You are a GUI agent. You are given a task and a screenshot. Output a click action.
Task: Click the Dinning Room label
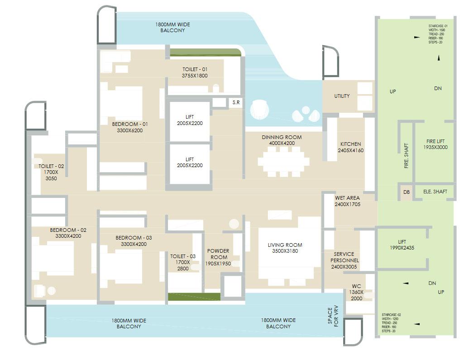pos(282,140)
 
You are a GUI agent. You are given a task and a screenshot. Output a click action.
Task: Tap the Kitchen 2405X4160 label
pos(351,147)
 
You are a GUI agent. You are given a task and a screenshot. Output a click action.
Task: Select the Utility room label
pos(342,96)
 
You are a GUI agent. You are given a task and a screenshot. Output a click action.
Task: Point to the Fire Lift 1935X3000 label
pos(435,144)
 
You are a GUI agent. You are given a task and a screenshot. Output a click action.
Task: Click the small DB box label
pos(406,192)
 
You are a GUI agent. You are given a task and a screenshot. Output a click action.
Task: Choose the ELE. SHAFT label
pos(435,192)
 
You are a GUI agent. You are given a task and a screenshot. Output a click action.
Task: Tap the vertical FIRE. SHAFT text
pos(406,157)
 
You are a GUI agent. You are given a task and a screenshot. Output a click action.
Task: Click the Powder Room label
pos(218,257)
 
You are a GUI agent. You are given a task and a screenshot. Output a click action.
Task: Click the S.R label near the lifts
pos(236,103)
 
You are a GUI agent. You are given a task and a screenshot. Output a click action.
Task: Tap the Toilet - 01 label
pos(194,72)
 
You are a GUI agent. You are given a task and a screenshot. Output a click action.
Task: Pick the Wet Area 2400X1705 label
pos(348,201)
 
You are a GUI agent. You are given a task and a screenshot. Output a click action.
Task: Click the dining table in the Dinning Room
pos(283,160)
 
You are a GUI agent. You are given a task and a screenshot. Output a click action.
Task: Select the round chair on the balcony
pos(260,109)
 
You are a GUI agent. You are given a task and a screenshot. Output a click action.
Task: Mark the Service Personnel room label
pos(344,260)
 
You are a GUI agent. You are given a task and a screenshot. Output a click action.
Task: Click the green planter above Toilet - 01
pos(204,52)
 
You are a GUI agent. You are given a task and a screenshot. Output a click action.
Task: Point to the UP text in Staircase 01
pos(392,91)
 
